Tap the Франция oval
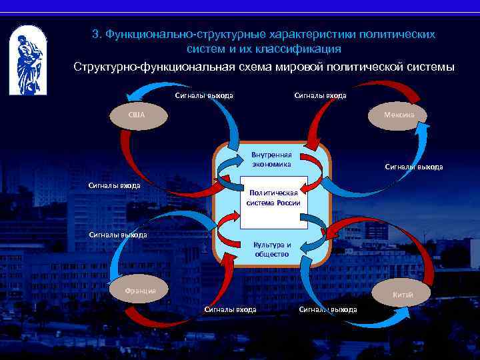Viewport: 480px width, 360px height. coord(141,291)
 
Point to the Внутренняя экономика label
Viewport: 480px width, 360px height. coord(271,159)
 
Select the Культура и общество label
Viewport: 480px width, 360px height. coord(272,249)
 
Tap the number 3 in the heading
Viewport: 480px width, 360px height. coord(95,34)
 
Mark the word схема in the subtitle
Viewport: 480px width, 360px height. coord(245,67)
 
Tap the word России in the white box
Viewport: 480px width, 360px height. coord(289,203)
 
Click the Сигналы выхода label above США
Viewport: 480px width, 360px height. coord(204,95)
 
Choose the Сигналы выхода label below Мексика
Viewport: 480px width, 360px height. coord(413,167)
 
